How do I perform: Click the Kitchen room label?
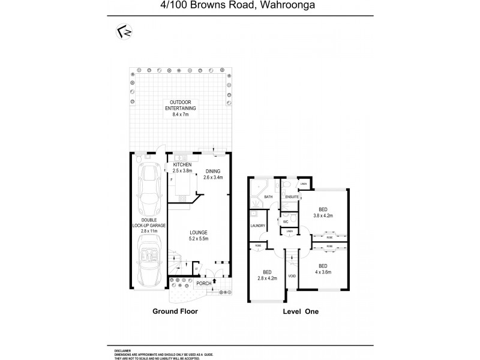[x=182, y=167]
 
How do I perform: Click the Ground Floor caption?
[x=175, y=312]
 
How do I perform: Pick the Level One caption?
[x=300, y=312]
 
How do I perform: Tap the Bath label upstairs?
[x=269, y=196]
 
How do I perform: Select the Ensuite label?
[x=292, y=196]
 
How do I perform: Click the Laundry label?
[x=258, y=226]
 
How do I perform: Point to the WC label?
[x=286, y=221]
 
